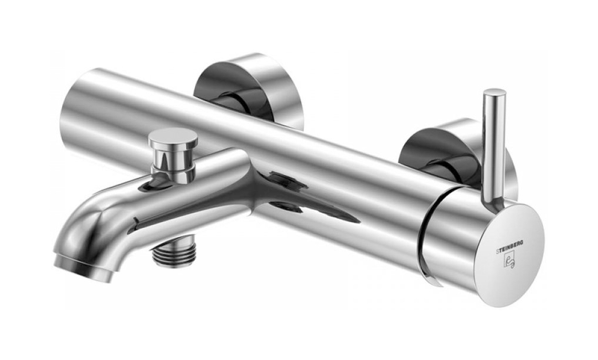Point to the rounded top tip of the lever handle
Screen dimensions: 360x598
[494, 92]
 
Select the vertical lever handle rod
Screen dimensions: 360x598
[493, 144]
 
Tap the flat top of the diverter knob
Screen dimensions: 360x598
[173, 136]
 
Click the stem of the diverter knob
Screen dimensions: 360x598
[173, 163]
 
